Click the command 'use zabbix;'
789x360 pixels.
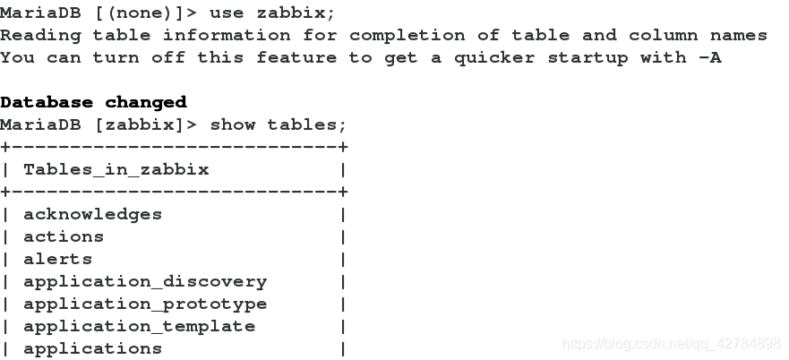pyautogui.click(x=274, y=13)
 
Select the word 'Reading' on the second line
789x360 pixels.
pyautogui.click(x=40, y=35)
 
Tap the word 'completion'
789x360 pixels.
pyautogui.click(x=408, y=35)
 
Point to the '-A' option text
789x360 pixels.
pyautogui.click(x=710, y=57)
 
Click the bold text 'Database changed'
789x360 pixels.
pyautogui.click(x=93, y=102)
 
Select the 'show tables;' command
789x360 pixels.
pyautogui.click(x=278, y=124)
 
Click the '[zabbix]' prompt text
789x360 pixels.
pyautogui.click(x=145, y=124)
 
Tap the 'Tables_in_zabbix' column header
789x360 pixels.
pyautogui.click(x=116, y=169)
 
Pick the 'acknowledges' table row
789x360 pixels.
pyautogui.click(x=92, y=214)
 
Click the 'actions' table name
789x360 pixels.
pyautogui.click(x=64, y=236)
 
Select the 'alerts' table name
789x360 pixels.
pyautogui.click(x=57, y=259)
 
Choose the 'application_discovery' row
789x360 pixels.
pyautogui.click(x=145, y=281)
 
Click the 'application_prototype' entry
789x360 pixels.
pyautogui.click(x=145, y=304)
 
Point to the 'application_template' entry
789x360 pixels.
pyautogui.click(x=139, y=326)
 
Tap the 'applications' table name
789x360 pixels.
pyautogui.click(x=92, y=348)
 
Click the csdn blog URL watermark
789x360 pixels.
pyautogui.click(x=671, y=343)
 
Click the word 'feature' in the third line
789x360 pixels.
pyautogui.click(x=297, y=57)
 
